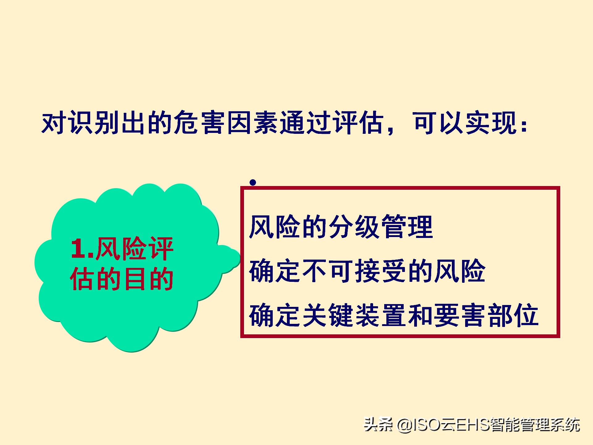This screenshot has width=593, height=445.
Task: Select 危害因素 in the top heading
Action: [226, 124]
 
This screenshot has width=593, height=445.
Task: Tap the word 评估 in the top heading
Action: [358, 124]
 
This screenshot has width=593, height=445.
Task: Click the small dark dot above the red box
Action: [253, 183]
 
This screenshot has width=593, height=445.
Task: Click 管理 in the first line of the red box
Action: [407, 227]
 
